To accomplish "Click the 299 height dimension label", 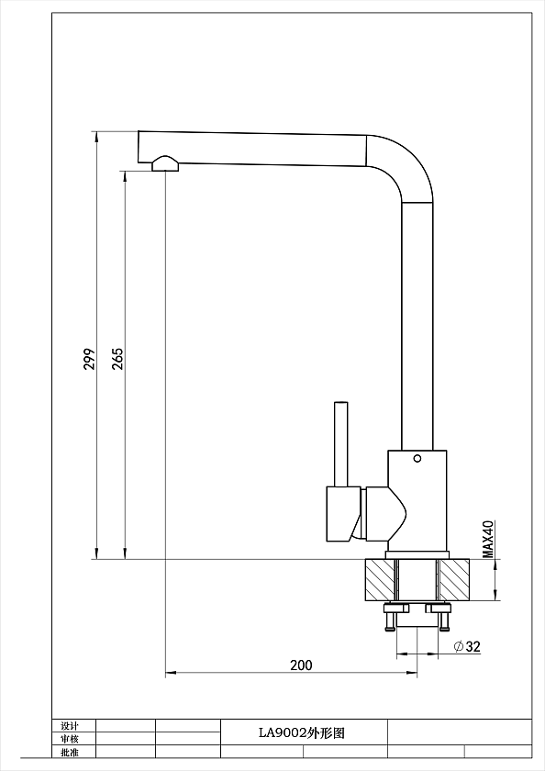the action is tap(89, 359).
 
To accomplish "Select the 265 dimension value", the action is tap(118, 359).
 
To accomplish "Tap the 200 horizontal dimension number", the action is tap(301, 665).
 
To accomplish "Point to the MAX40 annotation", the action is tap(487, 539).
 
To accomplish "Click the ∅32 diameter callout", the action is tap(467, 646).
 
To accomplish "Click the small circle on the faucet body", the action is tap(417, 459).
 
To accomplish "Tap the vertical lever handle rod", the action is tap(341, 444).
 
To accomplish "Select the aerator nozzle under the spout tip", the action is tap(166, 163).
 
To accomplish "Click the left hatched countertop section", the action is tap(380, 580).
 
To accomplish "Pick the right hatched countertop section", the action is tap(454, 580).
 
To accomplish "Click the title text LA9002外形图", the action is tap(302, 733).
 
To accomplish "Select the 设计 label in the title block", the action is tap(70, 726).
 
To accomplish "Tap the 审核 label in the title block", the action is tap(70, 739).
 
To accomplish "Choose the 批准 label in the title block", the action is tap(70, 752).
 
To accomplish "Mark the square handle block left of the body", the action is tap(343, 514).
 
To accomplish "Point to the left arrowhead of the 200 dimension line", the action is tap(170, 673).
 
